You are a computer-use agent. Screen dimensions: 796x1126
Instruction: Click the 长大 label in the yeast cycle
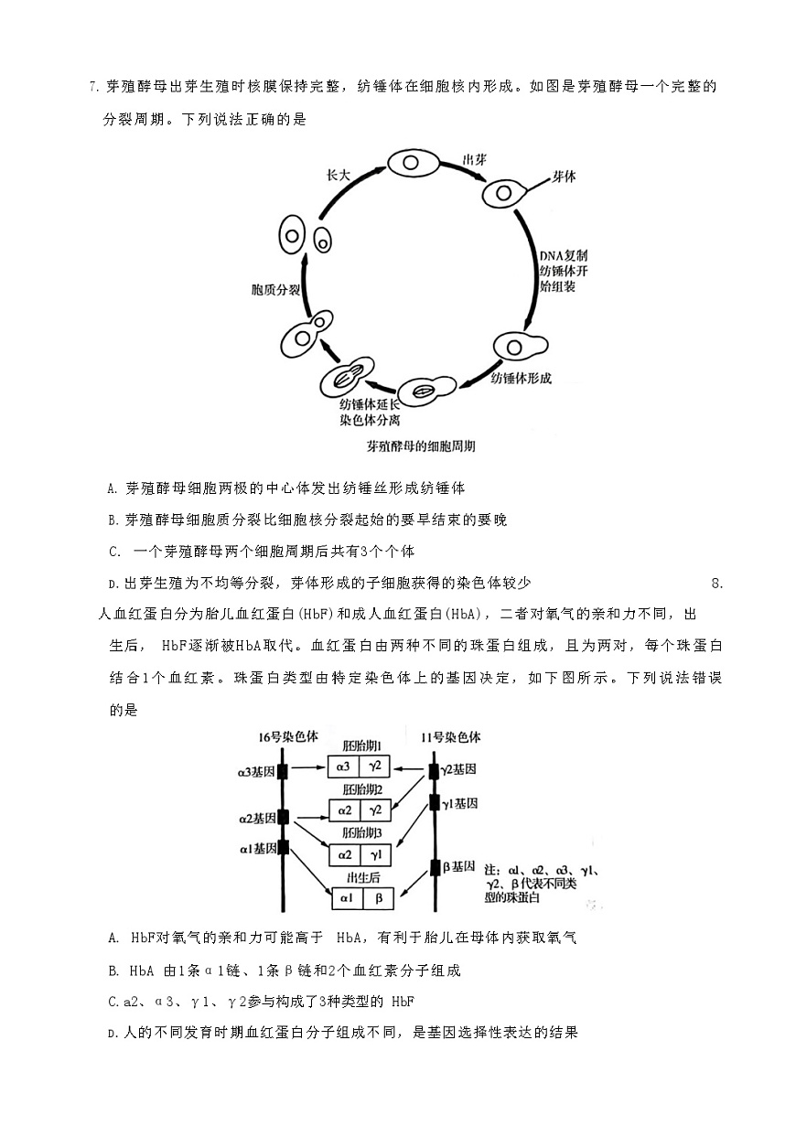[339, 177]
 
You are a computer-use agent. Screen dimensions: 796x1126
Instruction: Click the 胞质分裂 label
[275, 289]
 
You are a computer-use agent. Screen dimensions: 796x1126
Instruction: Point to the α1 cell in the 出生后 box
[346, 898]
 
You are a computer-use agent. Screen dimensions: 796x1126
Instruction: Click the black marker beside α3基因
[284, 772]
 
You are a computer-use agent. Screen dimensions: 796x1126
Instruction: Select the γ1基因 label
[459, 803]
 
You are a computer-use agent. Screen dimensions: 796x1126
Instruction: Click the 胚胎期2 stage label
[361, 788]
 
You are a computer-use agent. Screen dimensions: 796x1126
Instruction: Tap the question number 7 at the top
[93, 88]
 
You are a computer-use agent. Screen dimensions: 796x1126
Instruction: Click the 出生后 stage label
[361, 877]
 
